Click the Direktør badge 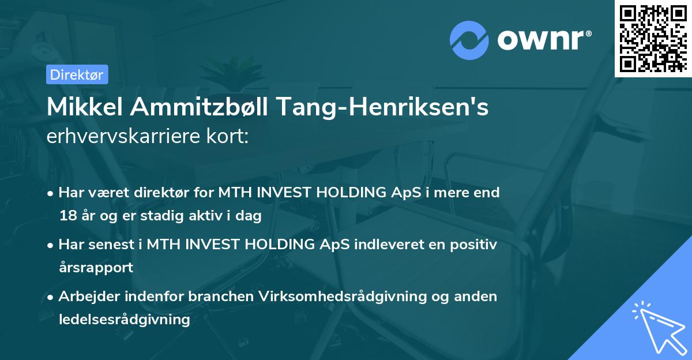point(77,74)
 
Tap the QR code point(653,39)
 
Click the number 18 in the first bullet point(66,216)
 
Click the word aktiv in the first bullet point(217,216)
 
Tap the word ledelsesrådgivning point(124,320)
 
